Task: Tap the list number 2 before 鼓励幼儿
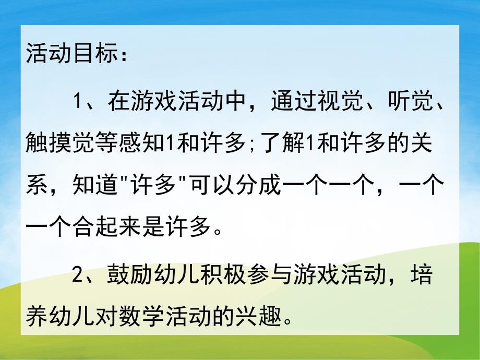point(79,275)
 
